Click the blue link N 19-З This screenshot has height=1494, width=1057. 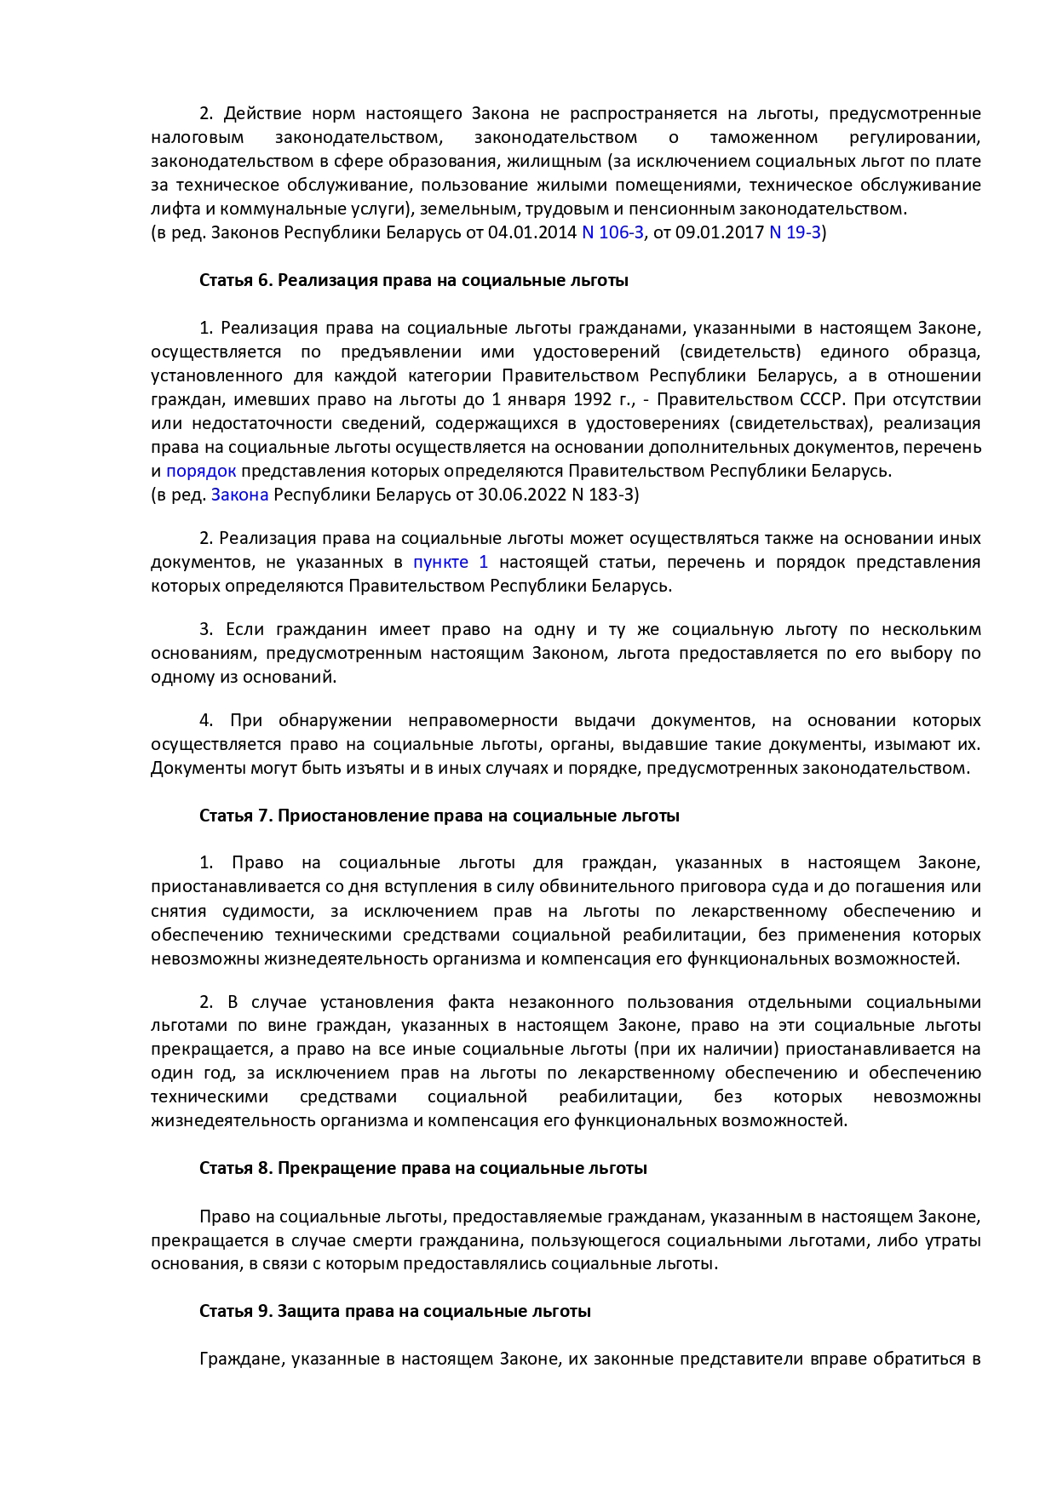pyautogui.click(x=795, y=232)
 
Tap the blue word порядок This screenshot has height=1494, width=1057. pyautogui.click(x=201, y=471)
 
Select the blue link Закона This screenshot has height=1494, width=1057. pyautogui.click(x=239, y=495)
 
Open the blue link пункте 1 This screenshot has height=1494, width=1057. pyautogui.click(x=451, y=562)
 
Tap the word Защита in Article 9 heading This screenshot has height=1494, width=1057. pyautogui.click(x=308, y=1311)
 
